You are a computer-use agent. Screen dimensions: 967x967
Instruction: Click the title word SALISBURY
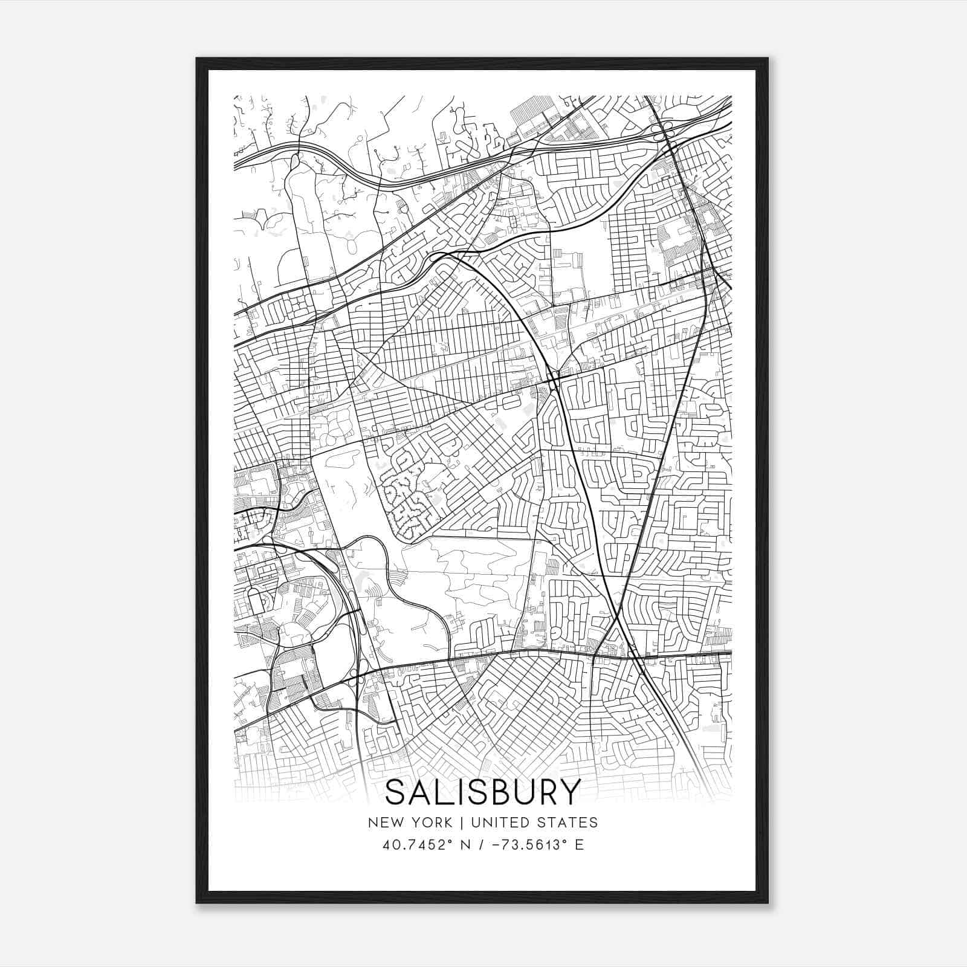click(x=482, y=792)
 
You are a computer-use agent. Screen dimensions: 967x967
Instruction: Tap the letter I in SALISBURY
click(x=459, y=792)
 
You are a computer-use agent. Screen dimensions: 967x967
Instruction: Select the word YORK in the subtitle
click(x=430, y=823)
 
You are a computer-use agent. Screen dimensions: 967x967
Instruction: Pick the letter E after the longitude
click(x=579, y=845)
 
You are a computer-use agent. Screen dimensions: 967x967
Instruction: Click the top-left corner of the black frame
click(x=197, y=59)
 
